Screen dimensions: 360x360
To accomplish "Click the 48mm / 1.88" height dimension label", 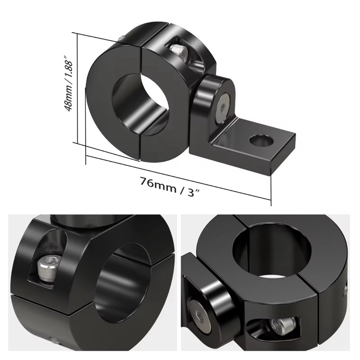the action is click(x=69, y=83).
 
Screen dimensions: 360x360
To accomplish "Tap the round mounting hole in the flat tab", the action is click(x=262, y=141).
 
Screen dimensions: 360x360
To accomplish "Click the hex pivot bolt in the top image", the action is click(x=223, y=107).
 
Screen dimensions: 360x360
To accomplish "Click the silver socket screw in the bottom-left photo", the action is click(x=47, y=268).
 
